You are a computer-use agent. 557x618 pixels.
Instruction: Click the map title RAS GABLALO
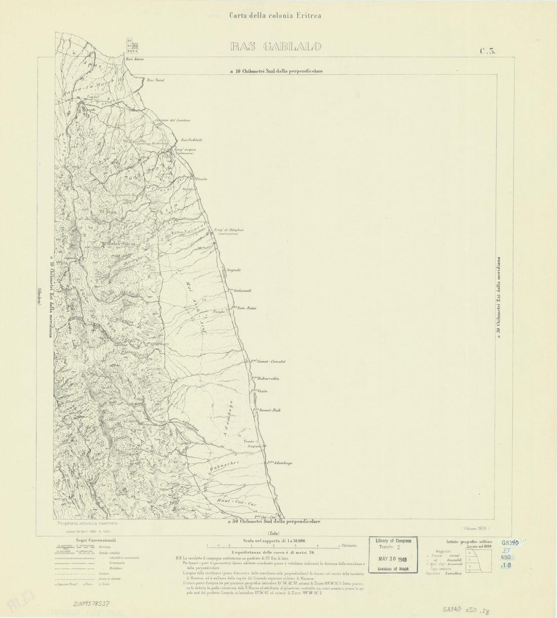click(275, 48)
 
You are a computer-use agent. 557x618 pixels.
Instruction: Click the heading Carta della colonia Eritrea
click(275, 15)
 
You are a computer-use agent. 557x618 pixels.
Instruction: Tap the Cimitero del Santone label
click(173, 120)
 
